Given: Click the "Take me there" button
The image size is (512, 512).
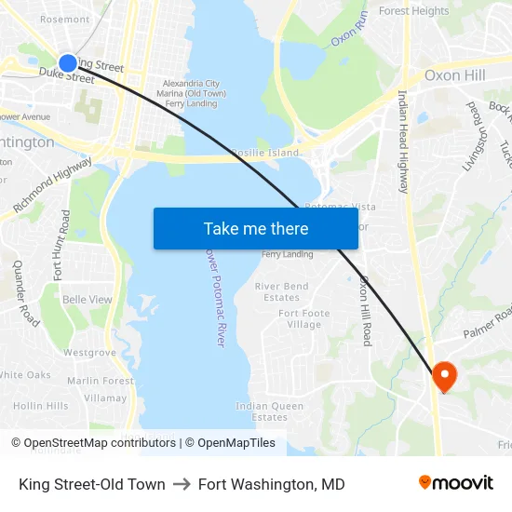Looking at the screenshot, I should pos(255,228).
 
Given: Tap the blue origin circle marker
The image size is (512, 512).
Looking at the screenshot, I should pos(68,63).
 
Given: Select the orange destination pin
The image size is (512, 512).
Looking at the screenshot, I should pos(444,376).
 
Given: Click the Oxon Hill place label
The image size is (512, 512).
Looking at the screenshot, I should pos(454,74).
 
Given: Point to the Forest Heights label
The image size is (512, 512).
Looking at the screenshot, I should pos(413,11).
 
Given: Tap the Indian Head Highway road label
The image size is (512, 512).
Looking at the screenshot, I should pos(403,141).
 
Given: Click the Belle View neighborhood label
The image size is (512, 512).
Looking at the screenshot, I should pos(87,300).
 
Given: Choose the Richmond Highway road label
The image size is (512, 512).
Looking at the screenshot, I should pos(52,183).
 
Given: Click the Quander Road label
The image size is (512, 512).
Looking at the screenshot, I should pos(26,292).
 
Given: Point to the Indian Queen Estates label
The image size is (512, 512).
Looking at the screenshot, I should pos(269,411).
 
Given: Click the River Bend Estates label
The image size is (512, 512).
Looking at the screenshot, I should pos(281,291).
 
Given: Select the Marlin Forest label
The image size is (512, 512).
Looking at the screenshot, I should pos(101,380).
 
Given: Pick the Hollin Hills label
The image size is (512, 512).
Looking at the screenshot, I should pos(40,406).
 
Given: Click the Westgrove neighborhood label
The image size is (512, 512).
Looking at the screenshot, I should pos(89,353).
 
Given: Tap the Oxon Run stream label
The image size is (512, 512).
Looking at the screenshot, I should pos(350,31).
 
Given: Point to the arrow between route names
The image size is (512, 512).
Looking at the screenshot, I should pos(182,484).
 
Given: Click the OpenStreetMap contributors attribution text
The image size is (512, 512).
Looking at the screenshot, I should pos(99,443).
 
